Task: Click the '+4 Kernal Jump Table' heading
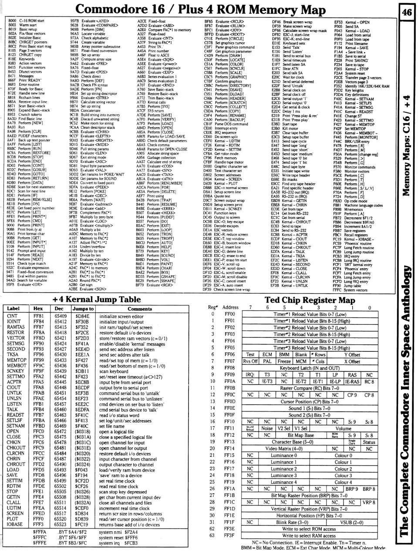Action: [x=96, y=300]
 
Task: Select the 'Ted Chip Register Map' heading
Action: [x=310, y=300]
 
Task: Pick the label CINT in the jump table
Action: [x=13, y=316]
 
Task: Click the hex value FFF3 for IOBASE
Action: [x=38, y=525]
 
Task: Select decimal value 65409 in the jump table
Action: [x=60, y=316]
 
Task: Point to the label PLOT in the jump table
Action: [x=13, y=519]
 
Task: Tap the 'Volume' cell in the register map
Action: [x=343, y=428]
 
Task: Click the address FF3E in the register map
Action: [x=229, y=529]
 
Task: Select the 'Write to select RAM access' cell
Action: [x=309, y=536]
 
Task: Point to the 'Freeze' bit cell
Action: [x=284, y=361]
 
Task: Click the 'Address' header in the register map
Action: [x=230, y=307]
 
